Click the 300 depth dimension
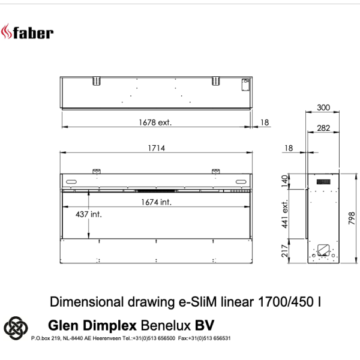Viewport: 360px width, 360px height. (323, 107)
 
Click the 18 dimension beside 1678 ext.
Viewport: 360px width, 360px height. (265, 122)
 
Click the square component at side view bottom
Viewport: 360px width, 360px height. (324, 247)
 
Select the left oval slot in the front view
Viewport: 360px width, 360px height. (71, 182)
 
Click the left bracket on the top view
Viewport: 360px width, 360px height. (95, 80)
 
